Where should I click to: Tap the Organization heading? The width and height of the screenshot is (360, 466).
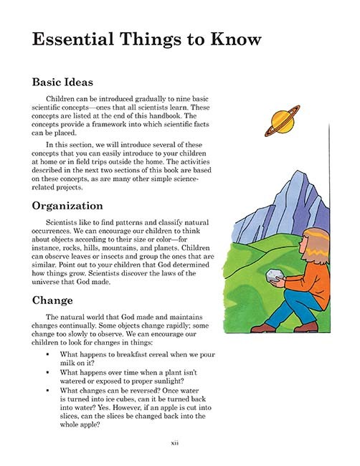click(77, 206)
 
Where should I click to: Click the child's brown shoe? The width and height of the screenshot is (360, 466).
click(264, 327)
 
